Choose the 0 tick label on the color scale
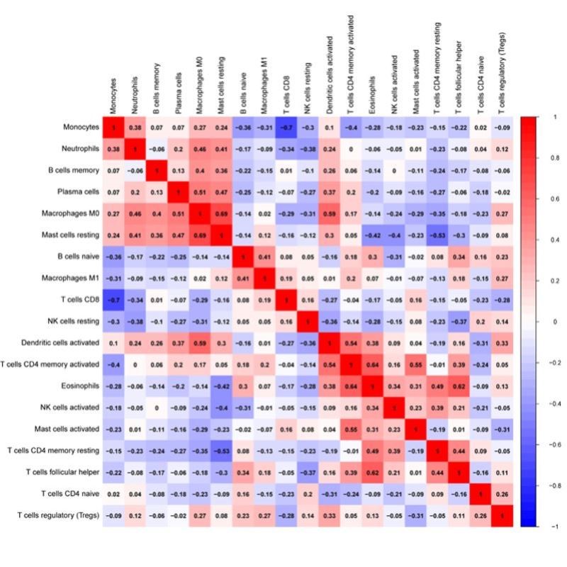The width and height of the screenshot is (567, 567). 555,322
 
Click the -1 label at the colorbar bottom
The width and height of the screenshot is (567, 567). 554,527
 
